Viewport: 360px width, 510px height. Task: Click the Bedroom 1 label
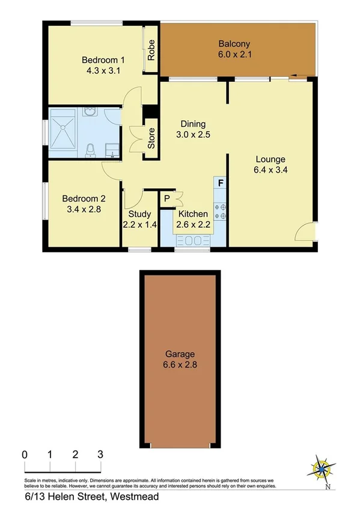point(103,60)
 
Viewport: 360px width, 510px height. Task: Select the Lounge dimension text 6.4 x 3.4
point(269,169)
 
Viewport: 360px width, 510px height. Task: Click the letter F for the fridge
point(221,182)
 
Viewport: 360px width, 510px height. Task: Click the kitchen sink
point(192,241)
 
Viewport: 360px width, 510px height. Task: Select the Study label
point(139,214)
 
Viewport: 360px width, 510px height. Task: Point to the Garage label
point(180,354)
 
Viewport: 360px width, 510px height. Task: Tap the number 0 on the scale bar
point(25,454)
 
